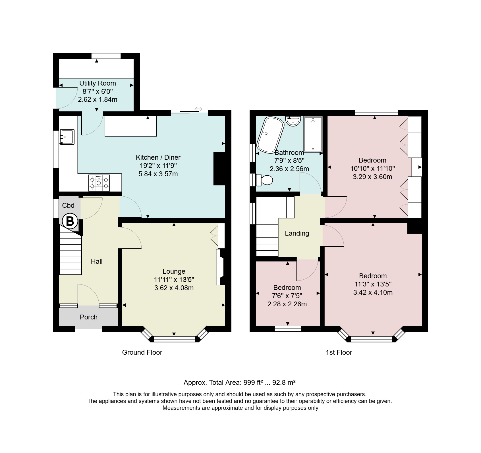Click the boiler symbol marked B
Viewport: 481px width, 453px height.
pyautogui.click(x=70, y=221)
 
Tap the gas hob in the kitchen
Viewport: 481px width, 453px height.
pyautogui.click(x=99, y=183)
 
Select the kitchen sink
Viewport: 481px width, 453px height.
pyautogui.click(x=67, y=137)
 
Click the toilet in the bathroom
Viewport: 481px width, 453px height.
pyautogui.click(x=264, y=180)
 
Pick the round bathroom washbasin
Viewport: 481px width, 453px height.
pyautogui.click(x=293, y=120)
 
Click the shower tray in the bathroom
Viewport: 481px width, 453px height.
pyautogui.click(x=313, y=134)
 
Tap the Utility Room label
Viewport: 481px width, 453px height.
pyautogui.click(x=98, y=83)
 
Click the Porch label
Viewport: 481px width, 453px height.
pyautogui.click(x=89, y=317)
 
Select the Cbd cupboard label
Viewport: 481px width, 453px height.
pyautogui.click(x=68, y=205)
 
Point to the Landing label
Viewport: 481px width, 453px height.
pyautogui.click(x=297, y=233)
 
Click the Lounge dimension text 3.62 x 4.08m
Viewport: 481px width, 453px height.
pyautogui.click(x=174, y=288)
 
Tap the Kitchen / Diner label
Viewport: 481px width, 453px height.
pyautogui.click(x=158, y=157)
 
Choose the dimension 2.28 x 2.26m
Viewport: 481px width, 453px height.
pyautogui.click(x=287, y=304)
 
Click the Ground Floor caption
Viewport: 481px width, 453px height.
pyautogui.click(x=142, y=352)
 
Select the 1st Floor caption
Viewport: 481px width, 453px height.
pyautogui.click(x=339, y=352)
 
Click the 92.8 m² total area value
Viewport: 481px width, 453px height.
pyautogui.click(x=284, y=383)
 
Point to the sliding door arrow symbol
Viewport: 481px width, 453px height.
pyautogui.click(x=199, y=109)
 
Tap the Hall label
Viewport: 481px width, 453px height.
pyautogui.click(x=97, y=261)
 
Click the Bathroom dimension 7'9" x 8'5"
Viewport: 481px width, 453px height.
pyautogui.click(x=289, y=161)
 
